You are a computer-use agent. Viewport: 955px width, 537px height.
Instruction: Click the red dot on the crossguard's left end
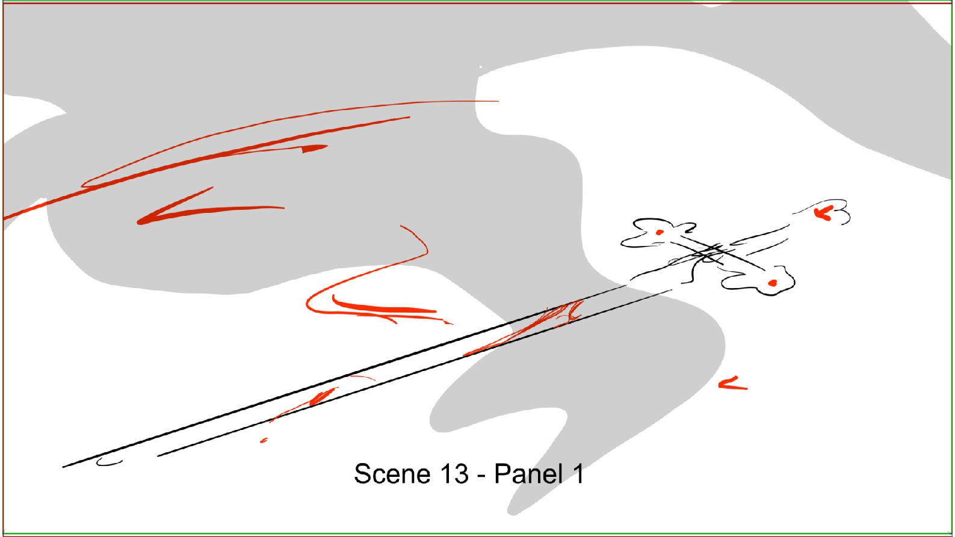tap(659, 232)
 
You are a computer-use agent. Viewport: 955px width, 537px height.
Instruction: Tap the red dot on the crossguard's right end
tap(773, 283)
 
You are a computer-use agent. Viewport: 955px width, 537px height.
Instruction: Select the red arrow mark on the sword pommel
tap(824, 213)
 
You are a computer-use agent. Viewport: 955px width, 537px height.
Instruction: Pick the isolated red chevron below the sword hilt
tap(732, 384)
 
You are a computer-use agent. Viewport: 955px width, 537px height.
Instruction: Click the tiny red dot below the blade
tap(264, 440)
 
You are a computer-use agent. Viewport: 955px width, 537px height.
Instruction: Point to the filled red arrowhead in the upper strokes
tap(315, 148)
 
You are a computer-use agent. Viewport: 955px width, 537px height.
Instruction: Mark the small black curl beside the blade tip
tap(109, 462)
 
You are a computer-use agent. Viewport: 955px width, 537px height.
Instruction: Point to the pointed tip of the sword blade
tap(63, 467)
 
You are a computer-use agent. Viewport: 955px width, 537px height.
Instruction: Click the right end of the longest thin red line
tap(498, 101)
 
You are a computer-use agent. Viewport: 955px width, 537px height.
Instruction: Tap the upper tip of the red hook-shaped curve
tap(401, 226)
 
